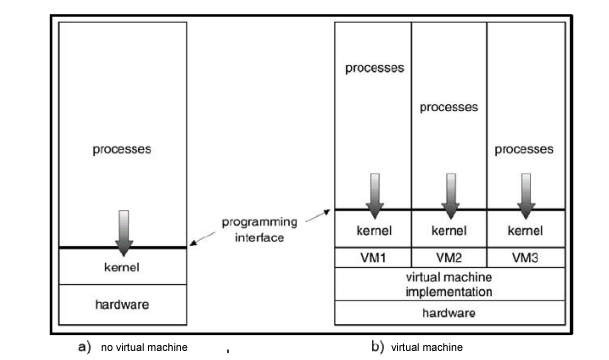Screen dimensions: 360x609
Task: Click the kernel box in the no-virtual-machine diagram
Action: pyautogui.click(x=122, y=266)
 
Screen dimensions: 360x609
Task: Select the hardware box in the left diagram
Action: pyautogui.click(x=122, y=300)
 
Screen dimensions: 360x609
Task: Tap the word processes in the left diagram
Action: pyautogui.click(x=122, y=151)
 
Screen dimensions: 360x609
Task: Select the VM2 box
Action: pyautogui.click(x=449, y=257)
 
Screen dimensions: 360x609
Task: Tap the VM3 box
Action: pyautogui.click(x=525, y=257)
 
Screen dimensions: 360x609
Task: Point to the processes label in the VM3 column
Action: pyautogui.click(x=525, y=151)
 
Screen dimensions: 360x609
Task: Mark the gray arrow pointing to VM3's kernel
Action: pyautogui.click(x=525, y=194)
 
